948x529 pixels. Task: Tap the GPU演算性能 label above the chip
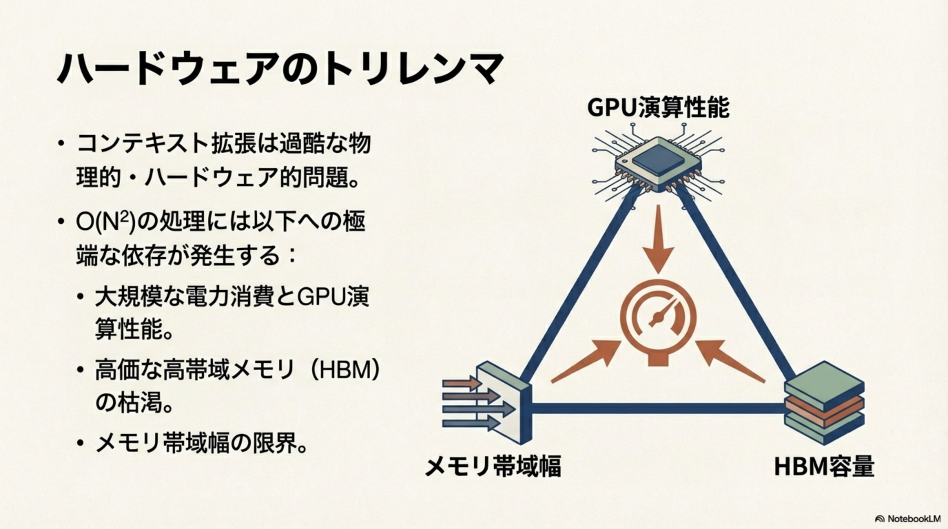coord(658,107)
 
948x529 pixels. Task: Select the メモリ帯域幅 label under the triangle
coord(493,466)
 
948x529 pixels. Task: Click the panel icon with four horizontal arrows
coord(490,405)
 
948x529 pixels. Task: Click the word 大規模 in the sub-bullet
coord(129,297)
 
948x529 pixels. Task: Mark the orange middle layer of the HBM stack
coord(824,408)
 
